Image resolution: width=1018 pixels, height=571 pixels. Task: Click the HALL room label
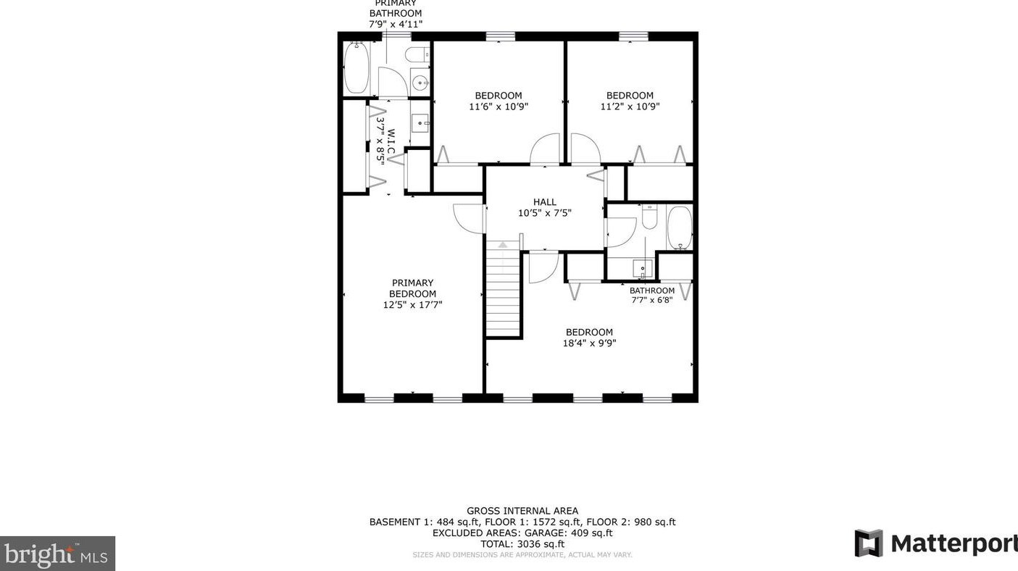[x=544, y=202]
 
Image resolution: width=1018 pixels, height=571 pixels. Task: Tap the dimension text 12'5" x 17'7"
[x=413, y=305]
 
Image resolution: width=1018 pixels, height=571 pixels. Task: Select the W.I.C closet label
[x=391, y=141]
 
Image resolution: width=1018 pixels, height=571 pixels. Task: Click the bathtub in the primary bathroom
[x=356, y=67]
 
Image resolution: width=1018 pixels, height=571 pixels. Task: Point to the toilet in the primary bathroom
[x=417, y=54]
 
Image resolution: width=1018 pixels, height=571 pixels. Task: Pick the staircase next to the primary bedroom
[x=503, y=289]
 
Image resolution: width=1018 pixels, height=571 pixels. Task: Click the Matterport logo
[x=935, y=543]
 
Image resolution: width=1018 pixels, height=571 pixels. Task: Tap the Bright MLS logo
[x=57, y=554]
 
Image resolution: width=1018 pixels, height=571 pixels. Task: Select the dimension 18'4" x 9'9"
[x=590, y=343]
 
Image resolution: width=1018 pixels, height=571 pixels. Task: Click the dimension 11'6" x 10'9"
[x=498, y=107]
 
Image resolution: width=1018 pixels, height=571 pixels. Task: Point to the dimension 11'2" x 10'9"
[x=630, y=107]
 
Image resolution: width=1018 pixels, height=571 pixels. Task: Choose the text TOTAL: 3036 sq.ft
[x=522, y=543]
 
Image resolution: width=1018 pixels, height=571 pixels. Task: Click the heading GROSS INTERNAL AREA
[x=522, y=511]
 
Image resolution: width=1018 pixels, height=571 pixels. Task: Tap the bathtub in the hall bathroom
[x=680, y=228]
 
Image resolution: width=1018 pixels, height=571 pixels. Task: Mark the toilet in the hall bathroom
[x=649, y=217]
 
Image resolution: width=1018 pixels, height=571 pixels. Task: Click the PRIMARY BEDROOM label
[x=413, y=288]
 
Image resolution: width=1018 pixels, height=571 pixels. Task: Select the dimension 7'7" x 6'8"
[x=652, y=300]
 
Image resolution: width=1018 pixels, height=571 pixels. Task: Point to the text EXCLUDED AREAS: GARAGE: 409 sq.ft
[x=522, y=533]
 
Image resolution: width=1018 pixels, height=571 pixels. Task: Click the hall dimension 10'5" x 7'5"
[x=544, y=213]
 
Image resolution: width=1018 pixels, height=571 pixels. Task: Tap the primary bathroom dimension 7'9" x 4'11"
[x=396, y=24]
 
